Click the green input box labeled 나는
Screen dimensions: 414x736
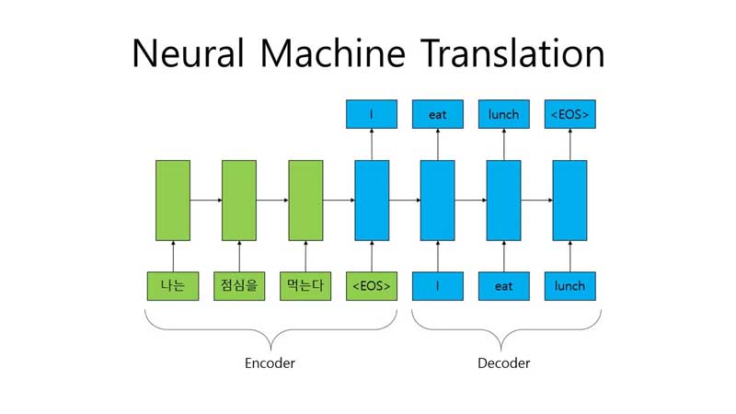(x=173, y=286)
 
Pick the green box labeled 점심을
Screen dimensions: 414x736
(x=239, y=286)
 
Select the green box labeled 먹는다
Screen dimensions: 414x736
(x=305, y=286)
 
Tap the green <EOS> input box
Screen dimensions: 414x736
(x=372, y=286)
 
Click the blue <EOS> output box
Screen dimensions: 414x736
(x=570, y=115)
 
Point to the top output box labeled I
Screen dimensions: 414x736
(x=372, y=115)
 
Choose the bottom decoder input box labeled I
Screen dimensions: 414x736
(x=438, y=286)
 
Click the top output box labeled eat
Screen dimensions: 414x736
(x=438, y=115)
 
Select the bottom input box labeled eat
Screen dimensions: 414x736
(x=504, y=286)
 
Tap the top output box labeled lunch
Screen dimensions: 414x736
(x=504, y=115)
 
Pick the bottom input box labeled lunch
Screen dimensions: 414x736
(x=570, y=286)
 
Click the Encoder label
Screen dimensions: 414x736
(x=270, y=362)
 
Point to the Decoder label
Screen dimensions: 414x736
(x=503, y=362)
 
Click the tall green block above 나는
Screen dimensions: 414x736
(x=173, y=200)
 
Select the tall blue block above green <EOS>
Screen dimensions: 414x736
(x=372, y=200)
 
